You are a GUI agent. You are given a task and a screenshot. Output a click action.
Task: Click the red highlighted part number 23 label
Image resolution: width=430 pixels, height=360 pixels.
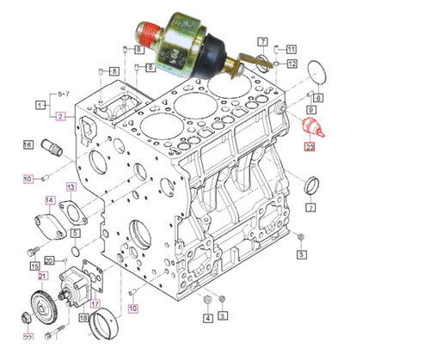click(x=310, y=147)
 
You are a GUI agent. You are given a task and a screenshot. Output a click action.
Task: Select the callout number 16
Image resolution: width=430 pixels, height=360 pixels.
click(x=28, y=145)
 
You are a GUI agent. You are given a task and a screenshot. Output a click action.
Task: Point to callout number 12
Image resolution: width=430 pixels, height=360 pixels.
click(x=292, y=64)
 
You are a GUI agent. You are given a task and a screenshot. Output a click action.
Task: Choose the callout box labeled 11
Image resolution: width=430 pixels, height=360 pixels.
click(x=291, y=49)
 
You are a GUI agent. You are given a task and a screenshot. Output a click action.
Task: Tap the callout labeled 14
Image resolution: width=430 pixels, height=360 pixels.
click(x=50, y=202)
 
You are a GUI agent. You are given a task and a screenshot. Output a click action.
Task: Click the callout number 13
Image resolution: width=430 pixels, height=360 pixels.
click(x=71, y=186)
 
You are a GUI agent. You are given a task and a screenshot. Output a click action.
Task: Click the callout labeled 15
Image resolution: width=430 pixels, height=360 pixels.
click(x=36, y=267)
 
